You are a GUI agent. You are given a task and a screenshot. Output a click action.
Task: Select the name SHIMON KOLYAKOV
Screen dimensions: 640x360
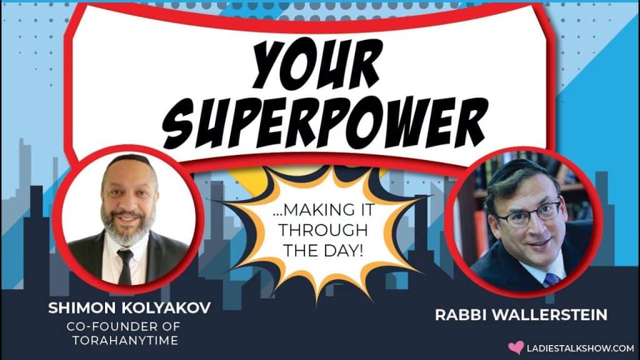(x=129, y=307)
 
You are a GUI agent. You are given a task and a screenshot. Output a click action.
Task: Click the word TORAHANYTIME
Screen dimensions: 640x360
(x=125, y=341)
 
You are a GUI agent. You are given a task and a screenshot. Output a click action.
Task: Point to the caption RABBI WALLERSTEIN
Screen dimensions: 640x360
(x=521, y=315)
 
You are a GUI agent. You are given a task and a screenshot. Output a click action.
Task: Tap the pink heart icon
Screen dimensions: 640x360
(x=516, y=347)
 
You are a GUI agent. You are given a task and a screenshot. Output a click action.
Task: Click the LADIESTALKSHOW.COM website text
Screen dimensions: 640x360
(x=581, y=348)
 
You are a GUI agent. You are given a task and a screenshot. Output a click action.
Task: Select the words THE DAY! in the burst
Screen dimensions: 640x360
(x=323, y=250)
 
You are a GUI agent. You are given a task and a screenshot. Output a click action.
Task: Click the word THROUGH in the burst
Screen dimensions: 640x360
(x=323, y=230)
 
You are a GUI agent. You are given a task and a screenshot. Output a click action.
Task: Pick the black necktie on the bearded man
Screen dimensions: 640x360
(x=125, y=266)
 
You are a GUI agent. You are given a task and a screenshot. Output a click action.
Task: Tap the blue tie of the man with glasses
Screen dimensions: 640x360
(x=551, y=279)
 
